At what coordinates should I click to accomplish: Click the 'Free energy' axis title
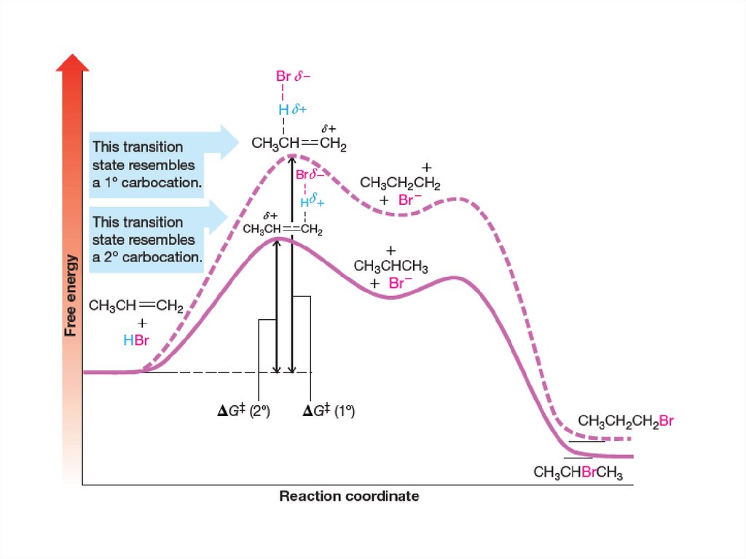click(x=71, y=294)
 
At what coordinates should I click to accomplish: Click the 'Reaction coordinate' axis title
click(x=349, y=496)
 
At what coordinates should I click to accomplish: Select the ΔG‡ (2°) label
click(x=244, y=411)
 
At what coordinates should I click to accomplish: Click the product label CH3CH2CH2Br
click(x=626, y=421)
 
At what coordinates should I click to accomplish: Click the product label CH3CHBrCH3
click(x=578, y=472)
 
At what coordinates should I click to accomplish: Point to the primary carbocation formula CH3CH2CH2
click(x=401, y=184)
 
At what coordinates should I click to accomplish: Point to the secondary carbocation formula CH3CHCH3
click(x=390, y=267)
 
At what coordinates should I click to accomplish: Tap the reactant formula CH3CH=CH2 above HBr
click(x=135, y=305)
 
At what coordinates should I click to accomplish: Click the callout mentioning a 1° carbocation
click(x=146, y=165)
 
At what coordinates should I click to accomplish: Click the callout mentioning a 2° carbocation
click(x=146, y=239)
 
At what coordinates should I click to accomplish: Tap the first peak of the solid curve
click(x=278, y=238)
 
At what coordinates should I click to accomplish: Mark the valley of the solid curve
click(x=392, y=297)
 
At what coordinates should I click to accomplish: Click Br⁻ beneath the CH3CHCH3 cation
click(x=400, y=284)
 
